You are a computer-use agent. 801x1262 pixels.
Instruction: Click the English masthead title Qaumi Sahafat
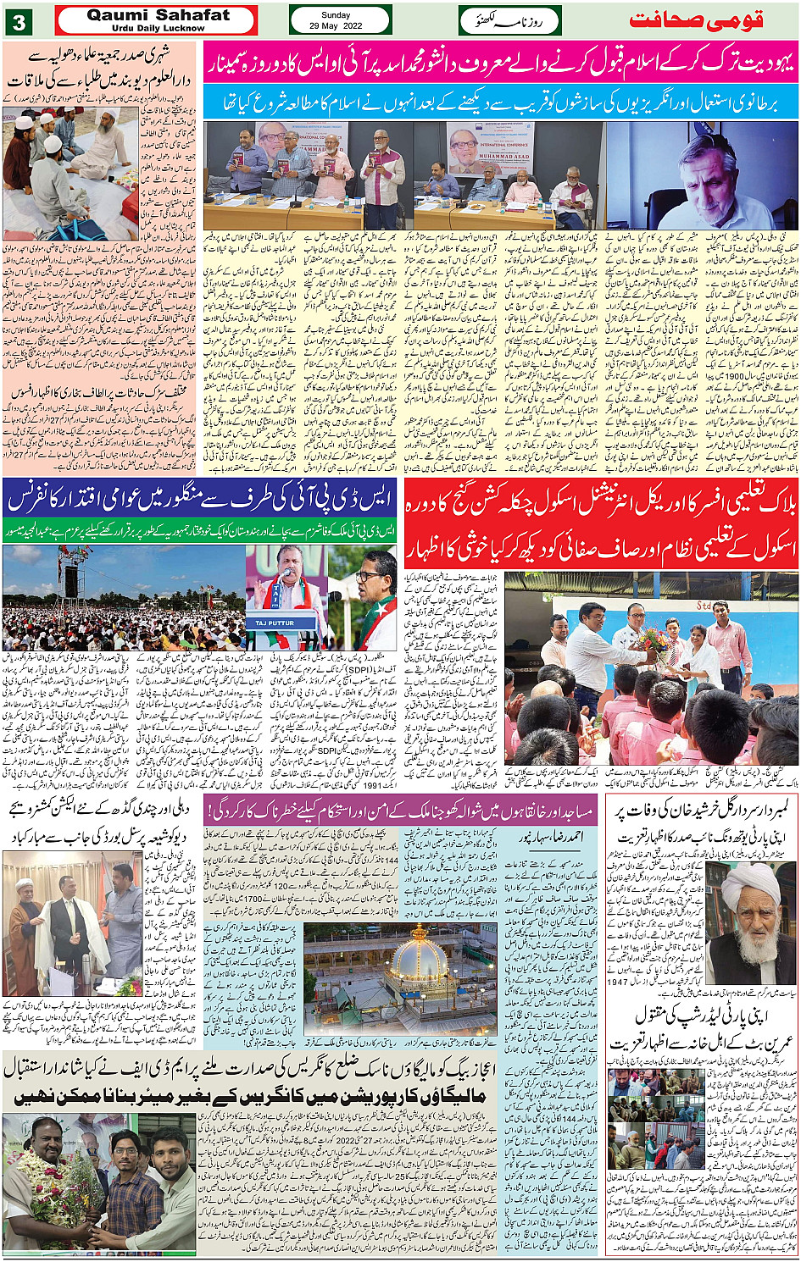159,15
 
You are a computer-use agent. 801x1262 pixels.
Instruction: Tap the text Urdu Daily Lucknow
159,28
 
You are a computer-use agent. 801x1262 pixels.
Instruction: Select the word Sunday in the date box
336,15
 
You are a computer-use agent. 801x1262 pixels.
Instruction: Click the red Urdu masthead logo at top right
696,19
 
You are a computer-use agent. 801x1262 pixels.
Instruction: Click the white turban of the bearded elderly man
750,881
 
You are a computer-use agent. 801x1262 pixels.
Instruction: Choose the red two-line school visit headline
601,526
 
